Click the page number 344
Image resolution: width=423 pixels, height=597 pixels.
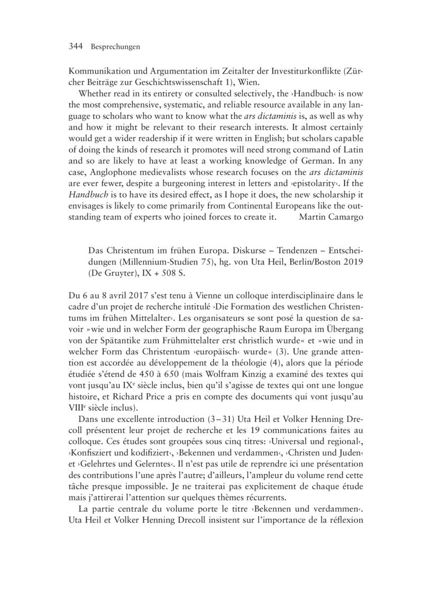click(77, 47)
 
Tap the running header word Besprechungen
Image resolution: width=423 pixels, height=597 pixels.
click(115, 48)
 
